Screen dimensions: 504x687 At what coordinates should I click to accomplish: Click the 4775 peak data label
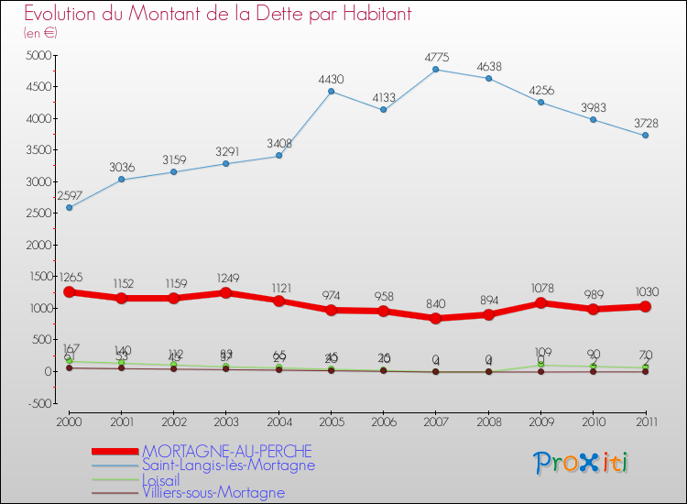point(436,58)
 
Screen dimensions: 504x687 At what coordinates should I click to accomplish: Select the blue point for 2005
point(331,91)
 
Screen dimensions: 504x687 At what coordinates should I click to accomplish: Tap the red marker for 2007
point(436,318)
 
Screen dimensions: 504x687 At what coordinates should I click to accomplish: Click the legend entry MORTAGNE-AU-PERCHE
point(226,451)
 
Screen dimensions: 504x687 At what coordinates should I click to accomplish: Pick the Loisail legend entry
point(167,479)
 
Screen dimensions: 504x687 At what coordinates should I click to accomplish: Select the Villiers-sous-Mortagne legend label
point(213,493)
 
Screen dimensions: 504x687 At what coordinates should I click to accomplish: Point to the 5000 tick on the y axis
point(38,55)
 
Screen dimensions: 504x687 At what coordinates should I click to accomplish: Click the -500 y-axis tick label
point(39,403)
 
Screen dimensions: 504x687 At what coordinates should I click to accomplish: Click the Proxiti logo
point(581,463)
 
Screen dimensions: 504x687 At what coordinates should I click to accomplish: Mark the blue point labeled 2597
point(69,207)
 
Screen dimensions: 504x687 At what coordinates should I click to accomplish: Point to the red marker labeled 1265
point(69,291)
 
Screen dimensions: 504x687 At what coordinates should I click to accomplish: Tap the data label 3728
point(646,124)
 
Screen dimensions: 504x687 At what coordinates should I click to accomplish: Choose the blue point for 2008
point(488,78)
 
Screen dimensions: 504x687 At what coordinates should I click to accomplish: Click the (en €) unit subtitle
point(40,33)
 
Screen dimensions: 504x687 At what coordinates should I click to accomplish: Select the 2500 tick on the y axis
point(38,214)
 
